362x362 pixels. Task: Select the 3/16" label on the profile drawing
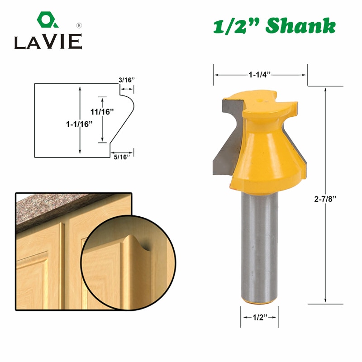127,80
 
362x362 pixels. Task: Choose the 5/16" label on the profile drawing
122,156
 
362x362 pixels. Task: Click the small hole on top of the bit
262,96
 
